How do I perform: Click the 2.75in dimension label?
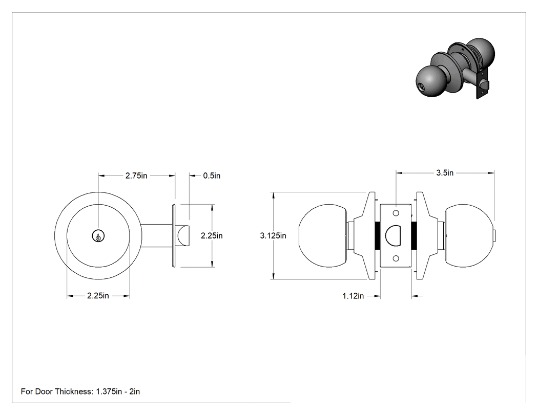(136, 176)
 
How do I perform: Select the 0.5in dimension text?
(212, 176)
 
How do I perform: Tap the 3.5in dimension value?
(445, 173)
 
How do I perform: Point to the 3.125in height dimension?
(273, 236)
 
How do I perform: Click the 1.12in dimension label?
(353, 296)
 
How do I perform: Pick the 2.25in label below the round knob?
(98, 295)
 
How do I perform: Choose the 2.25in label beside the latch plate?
(212, 236)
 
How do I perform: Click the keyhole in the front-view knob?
(98, 236)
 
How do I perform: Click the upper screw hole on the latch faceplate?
(396, 213)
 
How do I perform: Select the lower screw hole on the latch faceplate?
(396, 258)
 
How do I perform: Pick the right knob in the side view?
(469, 236)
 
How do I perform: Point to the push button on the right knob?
(494, 236)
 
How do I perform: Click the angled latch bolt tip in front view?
(183, 235)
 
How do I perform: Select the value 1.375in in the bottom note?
(109, 391)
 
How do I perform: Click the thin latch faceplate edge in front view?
(174, 235)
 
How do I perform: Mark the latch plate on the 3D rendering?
(482, 84)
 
